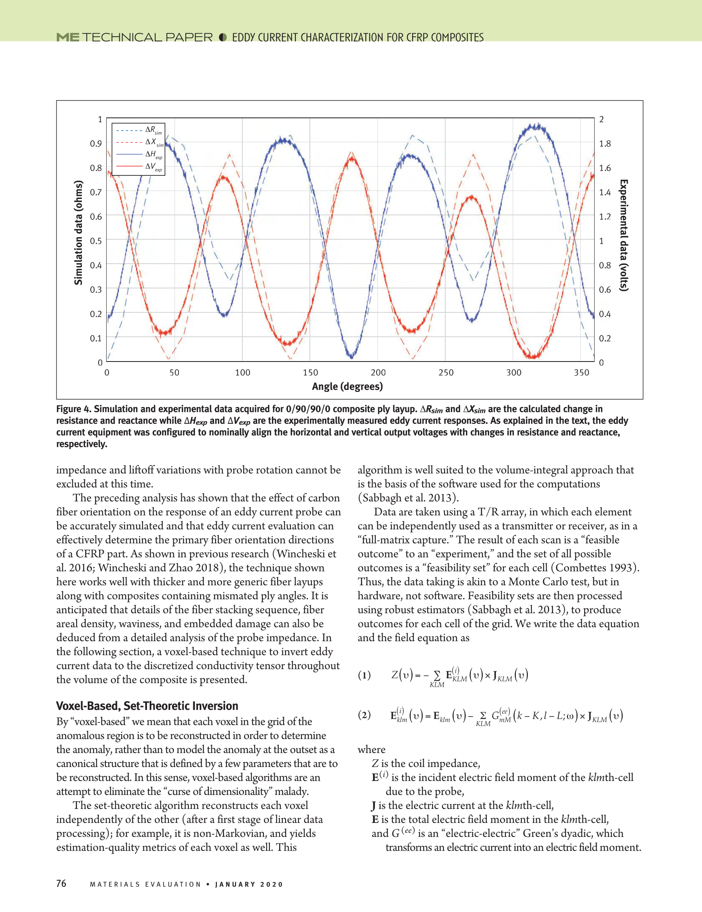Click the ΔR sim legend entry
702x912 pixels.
coord(139,130)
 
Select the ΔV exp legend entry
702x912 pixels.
coord(139,167)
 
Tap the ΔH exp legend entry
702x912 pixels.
coord(139,155)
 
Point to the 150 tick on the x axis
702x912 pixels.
coord(310,372)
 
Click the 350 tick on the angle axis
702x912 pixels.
coord(581,372)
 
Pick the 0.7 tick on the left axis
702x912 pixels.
coord(96,192)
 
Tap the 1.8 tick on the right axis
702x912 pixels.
coord(605,144)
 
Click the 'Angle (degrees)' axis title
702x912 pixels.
coord(347,387)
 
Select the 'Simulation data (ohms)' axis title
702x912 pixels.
coord(78,232)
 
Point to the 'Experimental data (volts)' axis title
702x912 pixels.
coord(624,236)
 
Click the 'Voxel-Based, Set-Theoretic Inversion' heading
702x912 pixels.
coord(147,706)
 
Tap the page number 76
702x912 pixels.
coord(61,883)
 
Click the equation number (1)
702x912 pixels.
coord(364,675)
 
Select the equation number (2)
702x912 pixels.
coord(364,715)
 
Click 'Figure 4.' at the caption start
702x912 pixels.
coord(73,409)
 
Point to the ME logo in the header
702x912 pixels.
coord(67,38)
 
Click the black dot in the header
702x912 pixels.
coord(223,38)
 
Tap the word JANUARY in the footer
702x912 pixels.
coord(234,884)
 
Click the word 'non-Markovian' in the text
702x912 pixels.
coord(230,833)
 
